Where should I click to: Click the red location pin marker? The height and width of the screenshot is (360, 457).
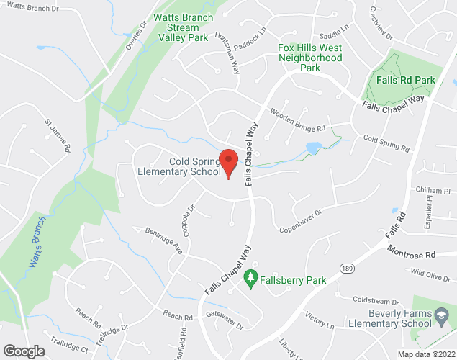click(229, 163)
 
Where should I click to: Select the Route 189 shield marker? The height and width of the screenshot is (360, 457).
click(347, 267)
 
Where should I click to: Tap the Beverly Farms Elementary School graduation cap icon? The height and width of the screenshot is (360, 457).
click(440, 314)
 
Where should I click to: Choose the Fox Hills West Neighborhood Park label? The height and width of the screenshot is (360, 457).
click(309, 58)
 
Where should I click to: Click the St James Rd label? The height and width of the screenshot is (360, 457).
click(58, 135)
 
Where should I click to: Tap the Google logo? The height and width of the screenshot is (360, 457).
click(23, 351)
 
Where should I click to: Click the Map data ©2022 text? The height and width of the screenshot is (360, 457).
click(427, 354)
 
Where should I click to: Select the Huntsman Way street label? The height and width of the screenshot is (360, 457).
click(235, 57)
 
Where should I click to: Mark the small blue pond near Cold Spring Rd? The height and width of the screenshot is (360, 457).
click(314, 148)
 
